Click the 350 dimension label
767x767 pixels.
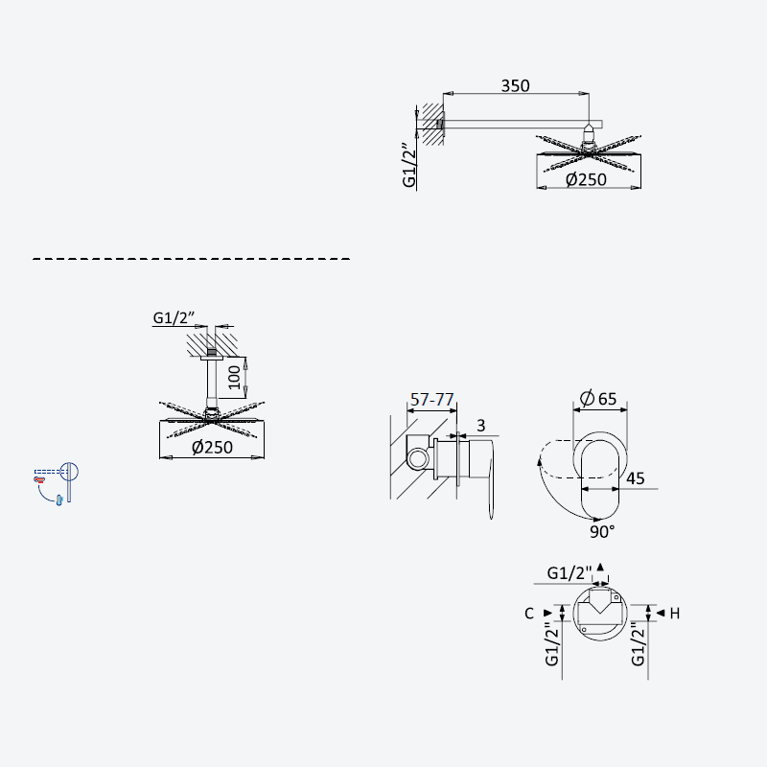515,85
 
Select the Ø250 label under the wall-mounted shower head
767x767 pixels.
586,179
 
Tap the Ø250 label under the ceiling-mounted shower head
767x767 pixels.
212,447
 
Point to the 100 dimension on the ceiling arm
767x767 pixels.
234,377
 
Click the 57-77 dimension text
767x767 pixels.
432,400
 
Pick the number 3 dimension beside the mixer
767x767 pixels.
481,426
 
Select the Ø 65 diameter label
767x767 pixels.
598,399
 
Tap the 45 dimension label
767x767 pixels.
635,477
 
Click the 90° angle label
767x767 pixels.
602,532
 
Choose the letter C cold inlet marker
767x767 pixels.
529,614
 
